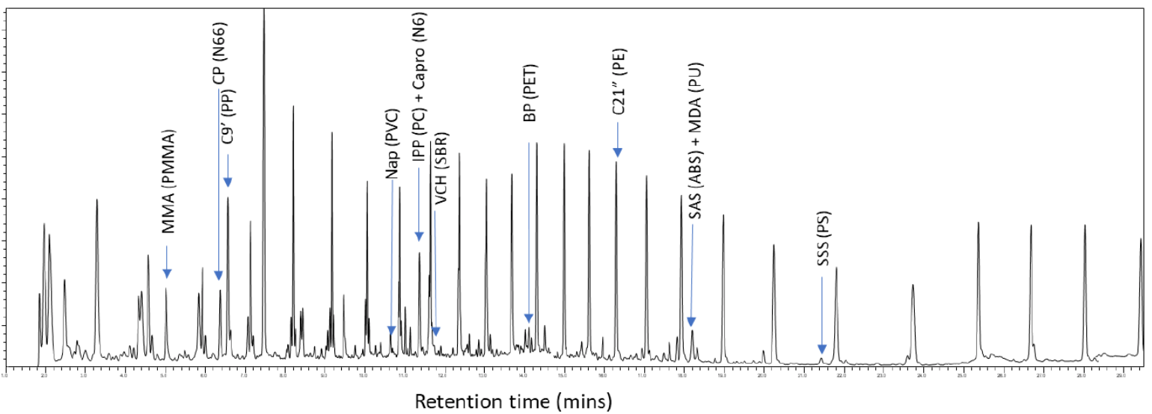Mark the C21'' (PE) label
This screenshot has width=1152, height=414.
tap(618, 81)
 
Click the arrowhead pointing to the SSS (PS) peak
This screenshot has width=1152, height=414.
tap(821, 349)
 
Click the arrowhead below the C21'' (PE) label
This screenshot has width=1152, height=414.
tap(617, 153)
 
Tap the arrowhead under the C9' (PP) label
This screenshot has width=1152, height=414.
tap(227, 182)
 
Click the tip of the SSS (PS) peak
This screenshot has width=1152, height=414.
tap(821, 358)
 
